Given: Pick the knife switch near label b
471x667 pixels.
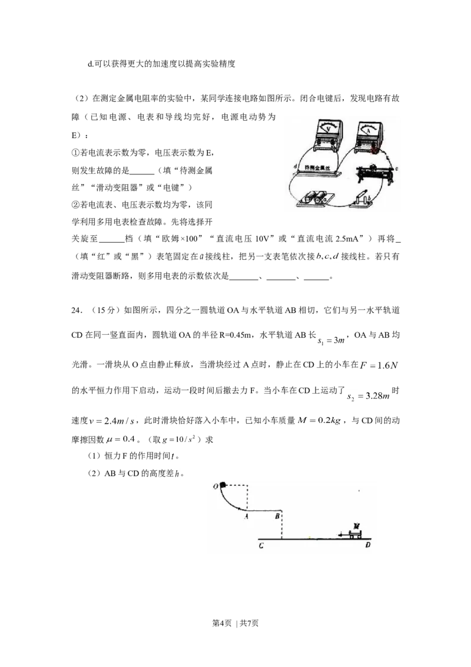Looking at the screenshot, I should [361, 199].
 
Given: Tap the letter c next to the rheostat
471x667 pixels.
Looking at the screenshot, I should [396, 169].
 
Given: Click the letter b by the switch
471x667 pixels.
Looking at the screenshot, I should [370, 199].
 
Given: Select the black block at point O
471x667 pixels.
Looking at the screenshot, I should [223, 485].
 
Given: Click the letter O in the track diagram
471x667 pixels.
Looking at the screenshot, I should [216, 486].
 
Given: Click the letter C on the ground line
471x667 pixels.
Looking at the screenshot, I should [260, 546].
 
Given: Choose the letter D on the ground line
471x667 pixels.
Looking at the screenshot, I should [368, 546].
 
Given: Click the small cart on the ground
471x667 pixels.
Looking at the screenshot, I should [355, 534].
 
